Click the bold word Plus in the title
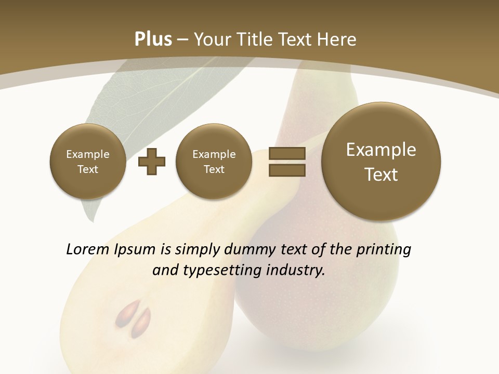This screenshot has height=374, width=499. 153,39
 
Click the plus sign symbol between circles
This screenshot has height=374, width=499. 152,162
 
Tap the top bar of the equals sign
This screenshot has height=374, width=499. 286,154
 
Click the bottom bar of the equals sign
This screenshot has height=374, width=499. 286,170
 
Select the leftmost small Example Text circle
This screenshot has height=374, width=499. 87,162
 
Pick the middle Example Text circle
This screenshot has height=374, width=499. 214,162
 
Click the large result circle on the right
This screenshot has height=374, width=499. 381,162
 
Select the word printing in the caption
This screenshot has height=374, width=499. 384,250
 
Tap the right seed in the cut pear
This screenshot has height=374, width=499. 141,322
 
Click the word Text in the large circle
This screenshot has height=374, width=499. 381,175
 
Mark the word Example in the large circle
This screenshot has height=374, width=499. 381,150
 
